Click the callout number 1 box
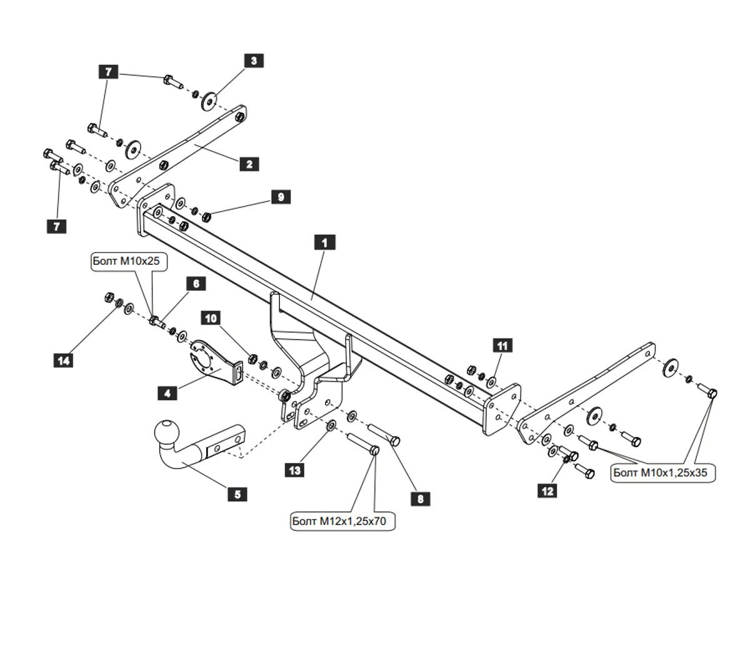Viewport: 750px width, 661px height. (x=324, y=242)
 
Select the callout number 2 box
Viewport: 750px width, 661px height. (x=249, y=164)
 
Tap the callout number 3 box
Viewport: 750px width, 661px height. (x=253, y=61)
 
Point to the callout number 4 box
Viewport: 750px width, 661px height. (x=167, y=393)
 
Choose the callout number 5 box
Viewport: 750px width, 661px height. (x=237, y=494)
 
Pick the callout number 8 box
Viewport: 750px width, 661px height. (x=420, y=499)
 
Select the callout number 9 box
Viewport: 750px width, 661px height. (x=281, y=197)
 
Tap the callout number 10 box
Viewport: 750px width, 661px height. (x=211, y=319)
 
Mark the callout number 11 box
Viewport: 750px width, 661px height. (x=502, y=345)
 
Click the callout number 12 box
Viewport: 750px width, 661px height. (x=547, y=491)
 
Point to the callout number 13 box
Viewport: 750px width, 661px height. (x=294, y=470)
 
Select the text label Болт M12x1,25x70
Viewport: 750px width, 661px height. (x=343, y=521)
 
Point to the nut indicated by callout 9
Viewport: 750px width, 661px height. (x=207, y=216)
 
